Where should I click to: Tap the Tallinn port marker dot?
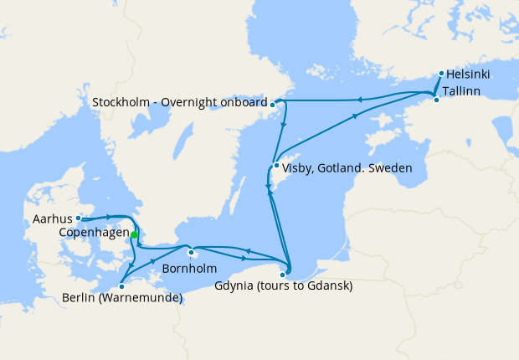coord(435,100)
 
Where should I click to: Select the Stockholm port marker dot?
coord(274,104)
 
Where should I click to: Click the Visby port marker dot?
coord(276,165)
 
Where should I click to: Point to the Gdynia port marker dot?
coord(284,274)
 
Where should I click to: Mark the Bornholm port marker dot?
coord(192,253)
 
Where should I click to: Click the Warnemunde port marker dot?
coord(122,286)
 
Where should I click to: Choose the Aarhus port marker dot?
coord(79,218)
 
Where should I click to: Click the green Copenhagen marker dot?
coord(134,235)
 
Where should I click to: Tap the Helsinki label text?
coord(469,75)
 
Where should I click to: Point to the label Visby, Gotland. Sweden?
coord(347,168)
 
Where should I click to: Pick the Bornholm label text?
coord(190,269)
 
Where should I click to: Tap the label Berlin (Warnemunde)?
coord(122,298)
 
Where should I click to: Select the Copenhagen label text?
coord(95,232)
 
